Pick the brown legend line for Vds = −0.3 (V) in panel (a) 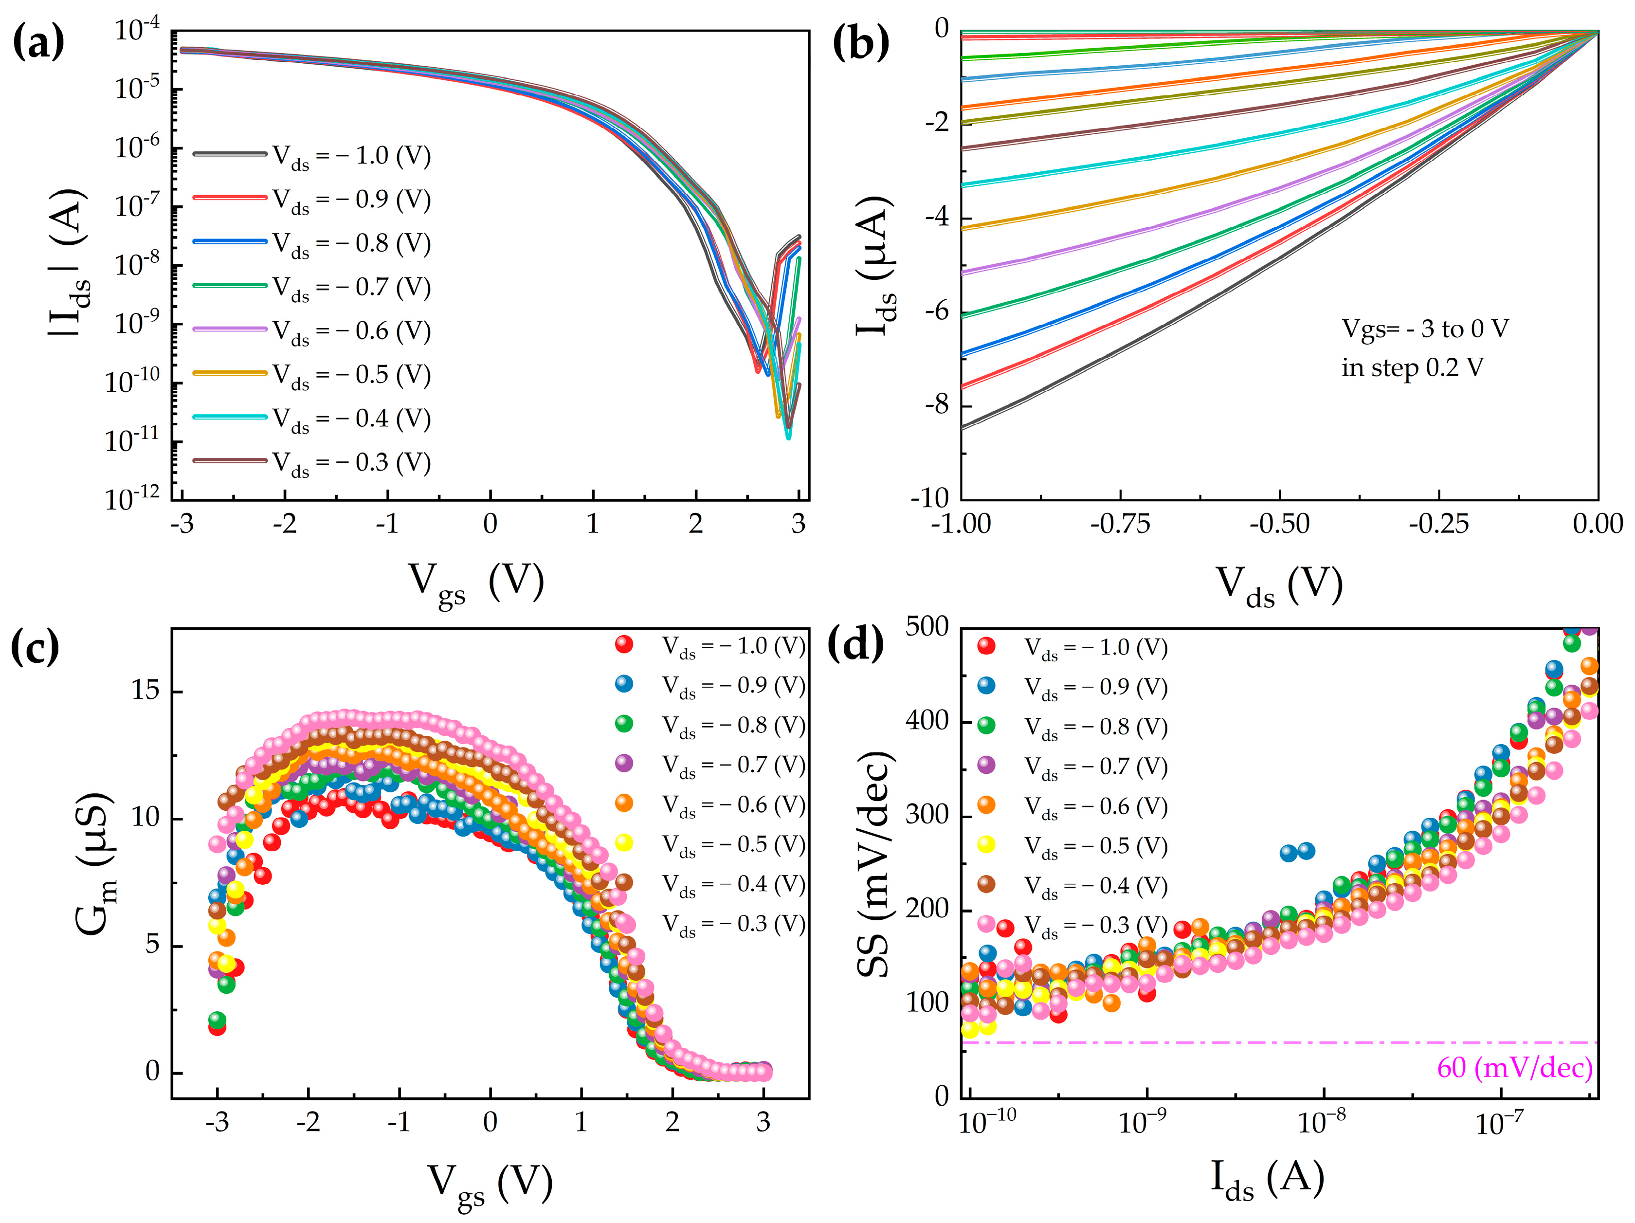coord(230,461)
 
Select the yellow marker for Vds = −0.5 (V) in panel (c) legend coord(624,842)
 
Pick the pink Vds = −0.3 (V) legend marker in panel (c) coord(624,922)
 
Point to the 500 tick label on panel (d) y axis coord(927,626)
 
